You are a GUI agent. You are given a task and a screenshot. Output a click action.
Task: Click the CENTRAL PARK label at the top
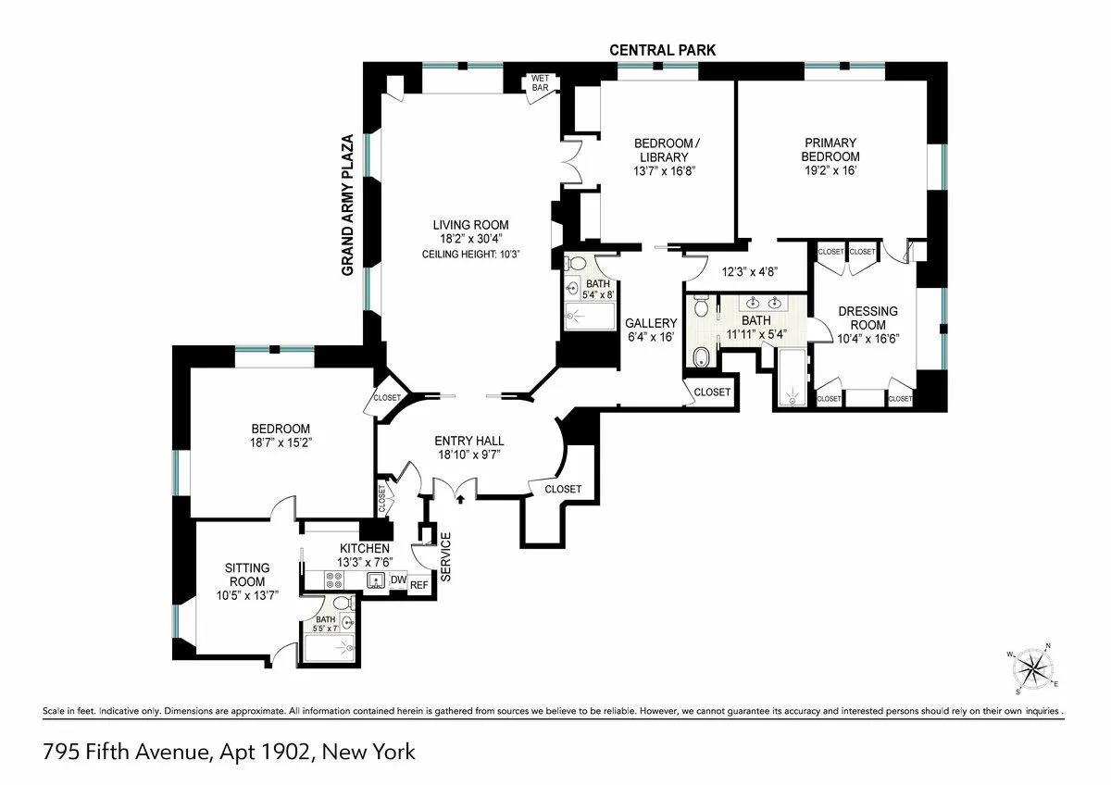coord(661,50)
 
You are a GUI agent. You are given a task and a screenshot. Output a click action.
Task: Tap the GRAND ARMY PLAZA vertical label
coord(349,205)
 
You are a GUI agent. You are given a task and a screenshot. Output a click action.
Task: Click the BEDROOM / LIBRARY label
coord(664,150)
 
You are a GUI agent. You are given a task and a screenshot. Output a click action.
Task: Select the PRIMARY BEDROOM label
coord(830,149)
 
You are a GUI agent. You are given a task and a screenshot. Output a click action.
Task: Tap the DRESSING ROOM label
coord(868,318)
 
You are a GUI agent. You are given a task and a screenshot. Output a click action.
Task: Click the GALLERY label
coord(651,322)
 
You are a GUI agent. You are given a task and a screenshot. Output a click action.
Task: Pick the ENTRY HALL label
coord(469,441)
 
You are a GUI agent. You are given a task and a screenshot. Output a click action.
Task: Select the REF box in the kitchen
coord(419,584)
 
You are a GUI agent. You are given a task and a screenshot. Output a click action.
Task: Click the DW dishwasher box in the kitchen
coord(398,580)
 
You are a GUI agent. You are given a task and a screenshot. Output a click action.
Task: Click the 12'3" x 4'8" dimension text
coord(749,272)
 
